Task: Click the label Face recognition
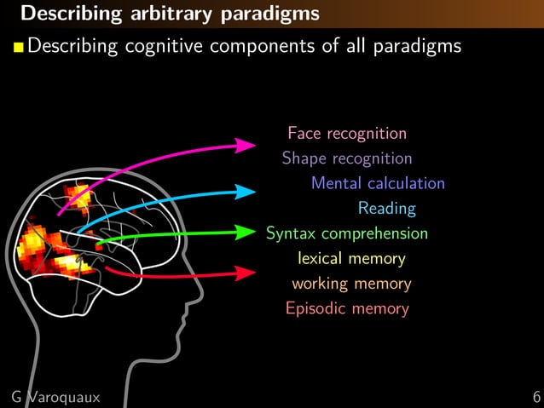346,134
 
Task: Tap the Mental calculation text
378,183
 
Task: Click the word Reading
386,208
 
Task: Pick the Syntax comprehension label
347,233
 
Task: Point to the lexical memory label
351,258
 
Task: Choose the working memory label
351,284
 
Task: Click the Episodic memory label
347,308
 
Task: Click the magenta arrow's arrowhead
247,146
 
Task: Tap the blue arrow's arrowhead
246,192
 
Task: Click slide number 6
535,397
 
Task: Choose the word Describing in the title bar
58,14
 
